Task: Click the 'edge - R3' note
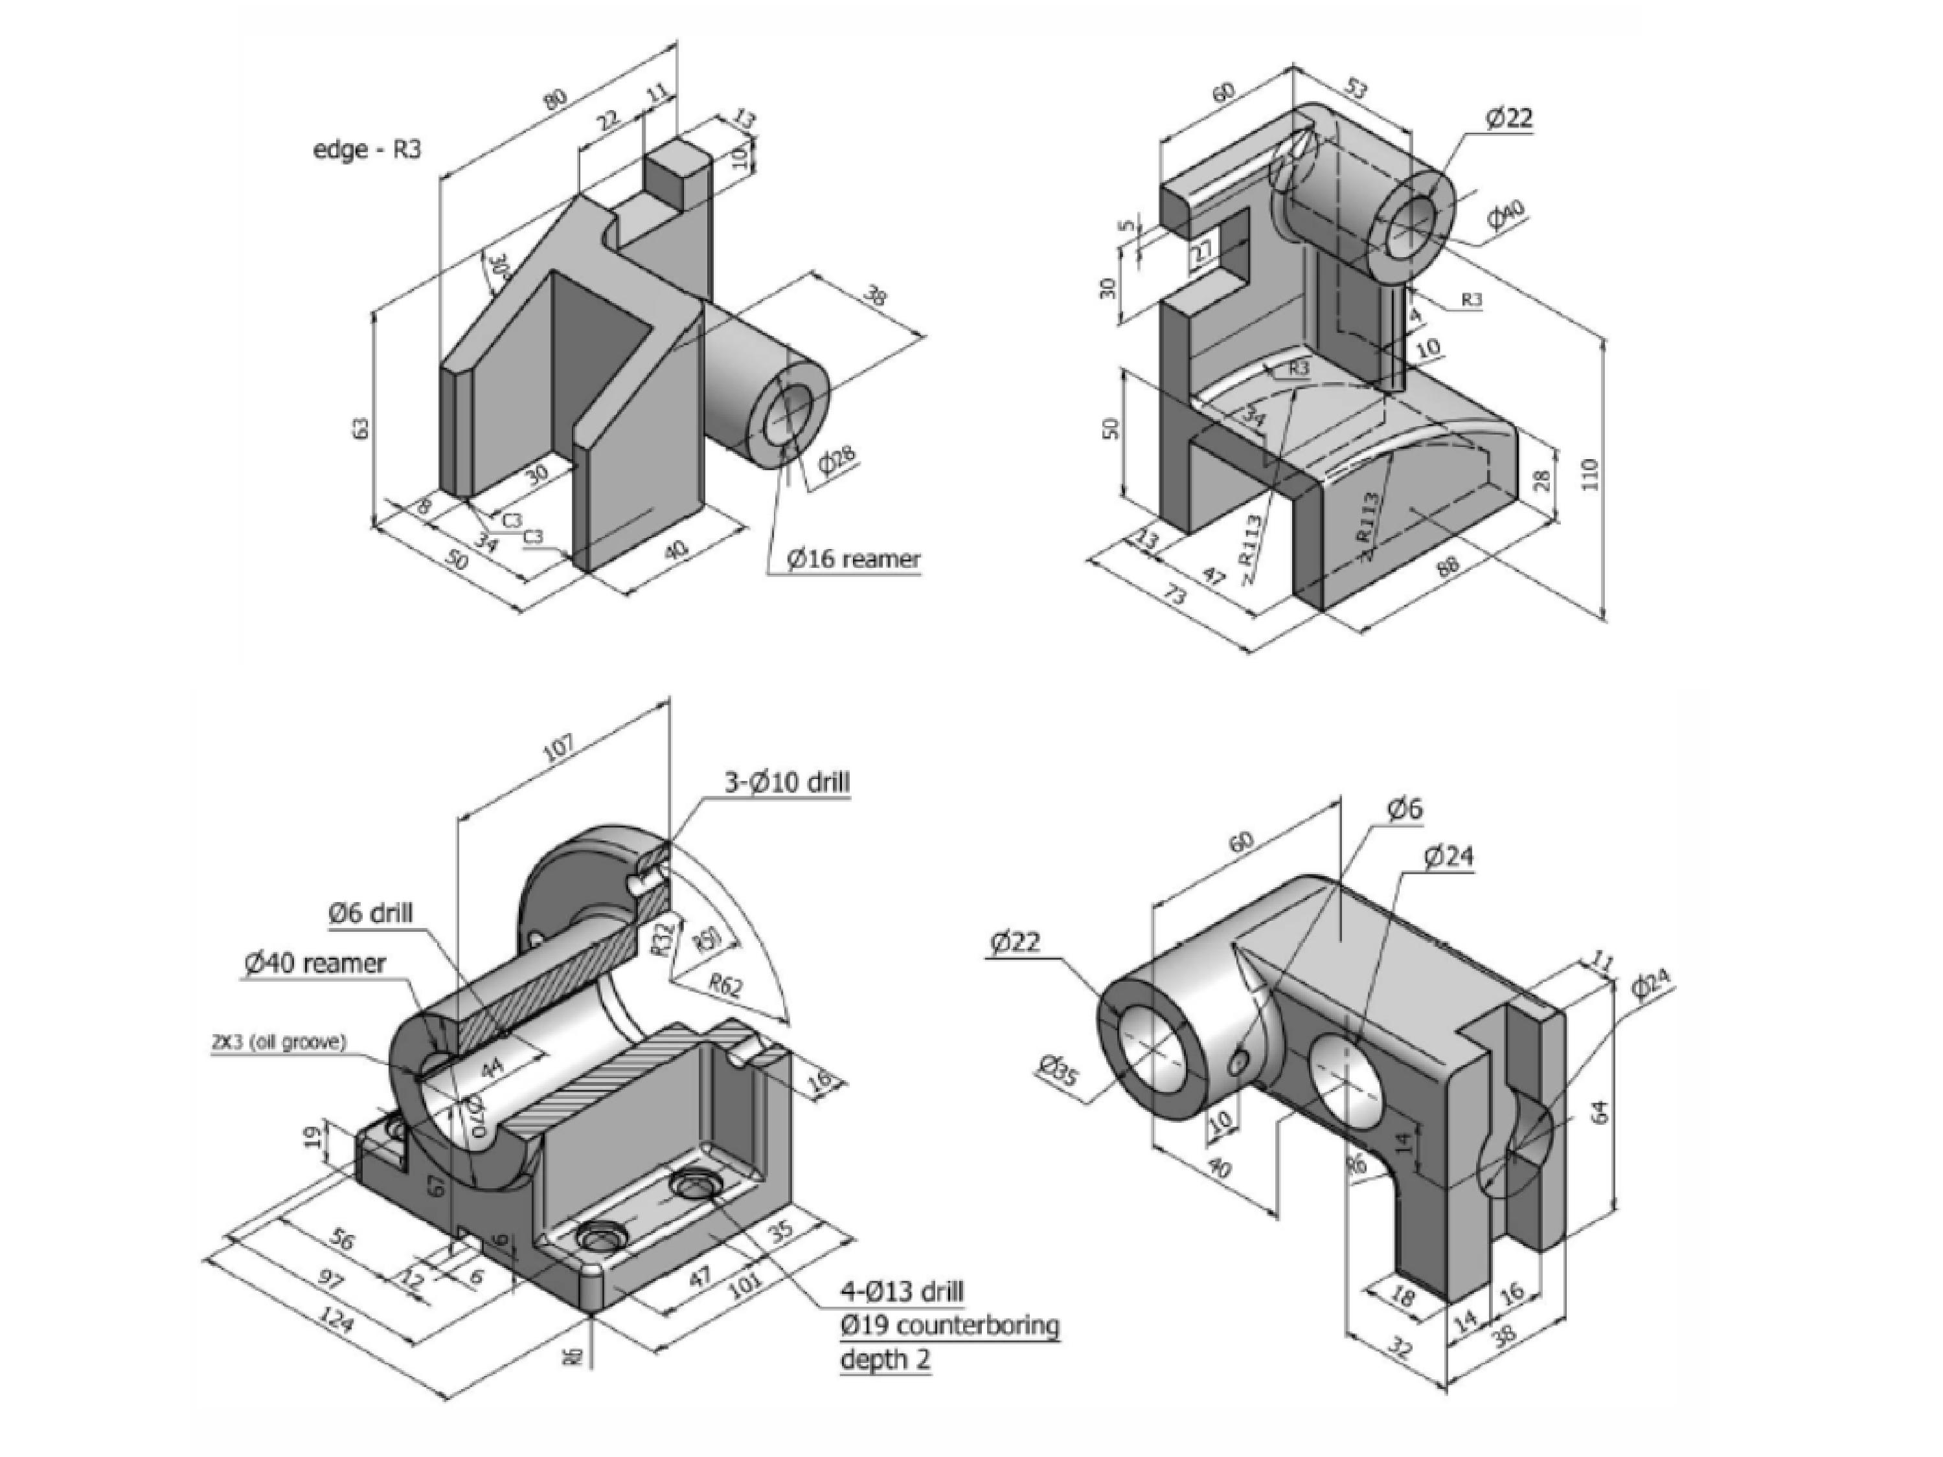coord(367,150)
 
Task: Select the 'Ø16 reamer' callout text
coord(853,559)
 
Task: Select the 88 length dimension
coord(1447,564)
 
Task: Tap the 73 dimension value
coord(1174,596)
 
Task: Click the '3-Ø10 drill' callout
coord(786,782)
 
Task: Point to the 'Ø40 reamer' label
coord(315,964)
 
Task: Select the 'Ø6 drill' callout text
coord(370,912)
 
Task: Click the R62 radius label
coord(725,986)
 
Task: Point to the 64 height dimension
coord(1598,1111)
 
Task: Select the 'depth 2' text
coord(885,1359)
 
